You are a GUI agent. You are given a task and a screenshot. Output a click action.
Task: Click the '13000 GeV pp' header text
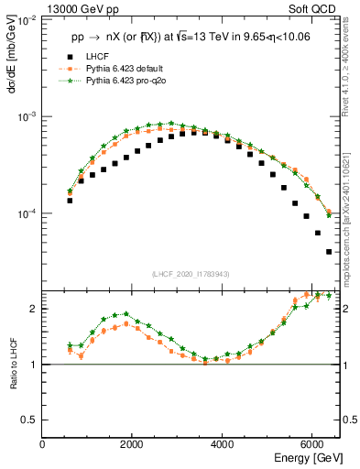79,9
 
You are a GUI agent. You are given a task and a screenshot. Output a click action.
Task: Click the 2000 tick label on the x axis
133,444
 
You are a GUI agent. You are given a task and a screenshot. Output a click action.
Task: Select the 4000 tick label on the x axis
223,444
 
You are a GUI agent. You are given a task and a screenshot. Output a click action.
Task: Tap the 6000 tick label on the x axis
312,444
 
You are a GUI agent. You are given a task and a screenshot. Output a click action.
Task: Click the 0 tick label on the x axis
43,444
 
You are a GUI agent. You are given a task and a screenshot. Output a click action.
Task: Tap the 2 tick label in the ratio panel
34,309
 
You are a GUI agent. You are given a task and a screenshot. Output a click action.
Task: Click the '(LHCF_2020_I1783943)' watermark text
190,274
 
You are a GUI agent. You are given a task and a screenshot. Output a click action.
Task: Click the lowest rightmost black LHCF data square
329,251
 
